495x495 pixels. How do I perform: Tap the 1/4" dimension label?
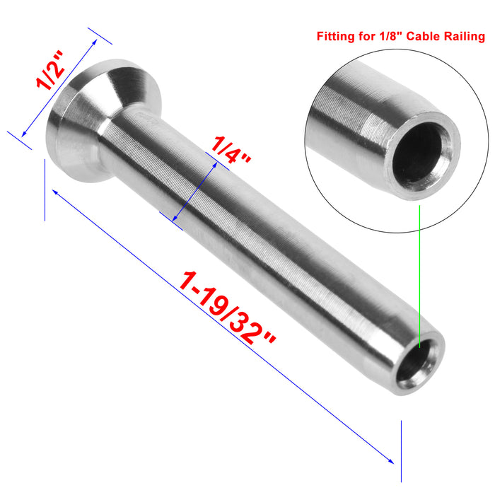[232, 149]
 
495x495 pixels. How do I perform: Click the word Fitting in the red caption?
[335, 35]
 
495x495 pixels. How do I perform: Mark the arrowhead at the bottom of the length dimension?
[392, 461]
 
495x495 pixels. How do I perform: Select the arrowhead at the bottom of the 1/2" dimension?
[23, 134]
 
